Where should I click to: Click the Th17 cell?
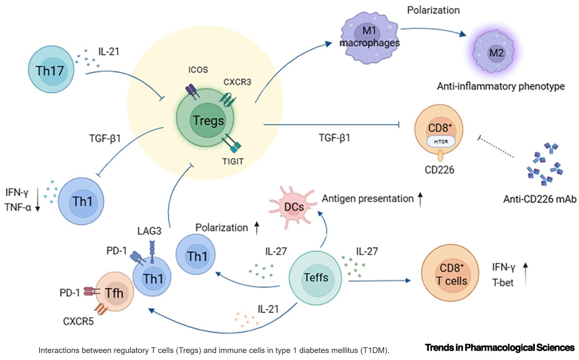(x=51, y=70)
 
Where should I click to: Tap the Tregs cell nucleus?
(x=208, y=120)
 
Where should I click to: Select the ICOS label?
(x=198, y=70)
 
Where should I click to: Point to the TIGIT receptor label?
(x=233, y=162)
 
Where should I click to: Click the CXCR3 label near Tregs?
(x=237, y=82)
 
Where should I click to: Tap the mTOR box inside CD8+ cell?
(x=440, y=142)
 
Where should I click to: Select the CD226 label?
(x=439, y=170)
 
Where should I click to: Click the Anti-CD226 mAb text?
(x=539, y=199)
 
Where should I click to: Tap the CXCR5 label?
(x=78, y=321)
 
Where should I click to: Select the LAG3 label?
(x=149, y=231)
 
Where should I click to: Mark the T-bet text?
(x=503, y=282)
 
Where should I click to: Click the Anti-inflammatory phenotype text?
(x=500, y=86)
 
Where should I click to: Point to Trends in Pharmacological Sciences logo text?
(x=499, y=348)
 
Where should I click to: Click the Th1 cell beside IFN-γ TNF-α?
(x=82, y=201)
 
